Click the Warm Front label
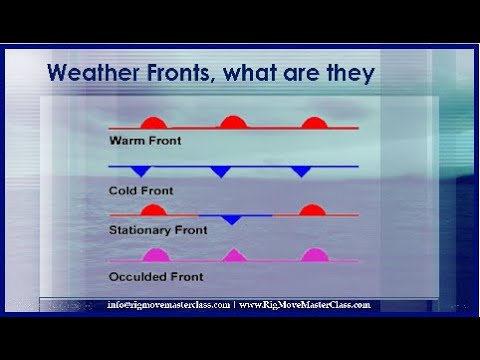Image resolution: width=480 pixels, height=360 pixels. tap(145, 141)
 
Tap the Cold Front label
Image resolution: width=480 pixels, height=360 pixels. tap(142, 189)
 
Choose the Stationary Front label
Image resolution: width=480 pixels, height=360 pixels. tap(158, 230)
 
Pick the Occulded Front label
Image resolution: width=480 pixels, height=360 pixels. tap(156, 276)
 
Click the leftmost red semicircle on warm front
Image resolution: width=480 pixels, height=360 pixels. tap(153, 122)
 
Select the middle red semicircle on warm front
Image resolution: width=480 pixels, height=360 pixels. tap(233, 122)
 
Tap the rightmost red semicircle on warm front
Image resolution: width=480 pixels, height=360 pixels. tap(313, 122)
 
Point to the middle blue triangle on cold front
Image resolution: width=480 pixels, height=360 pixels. tap(221, 171)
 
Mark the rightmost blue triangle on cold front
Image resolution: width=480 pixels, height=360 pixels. tap(301, 171)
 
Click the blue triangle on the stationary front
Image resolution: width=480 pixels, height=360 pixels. tap(231, 219)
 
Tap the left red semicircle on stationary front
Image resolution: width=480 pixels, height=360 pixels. tap(153, 210)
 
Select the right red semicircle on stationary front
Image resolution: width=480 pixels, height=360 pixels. tap(312, 210)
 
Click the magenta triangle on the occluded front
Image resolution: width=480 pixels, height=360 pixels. tap(235, 256)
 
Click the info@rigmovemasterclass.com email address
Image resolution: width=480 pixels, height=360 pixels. tap(168, 304)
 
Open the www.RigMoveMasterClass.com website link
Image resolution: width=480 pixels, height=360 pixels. tap(305, 304)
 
